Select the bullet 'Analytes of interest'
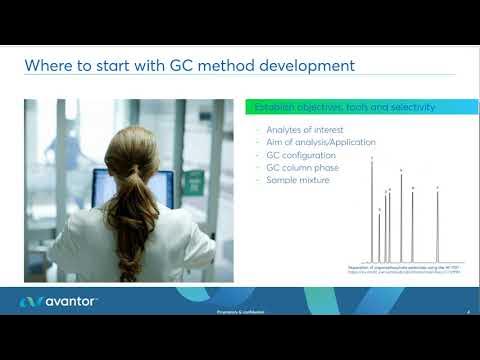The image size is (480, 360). coord(299,131)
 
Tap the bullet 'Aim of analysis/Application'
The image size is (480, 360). coord(316,144)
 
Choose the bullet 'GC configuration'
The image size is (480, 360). coord(298,157)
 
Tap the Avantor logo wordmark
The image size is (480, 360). coord(65,301)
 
